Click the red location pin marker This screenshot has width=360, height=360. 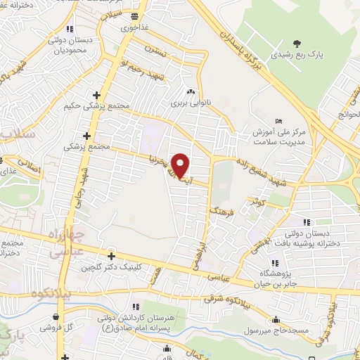pyautogui.click(x=181, y=165)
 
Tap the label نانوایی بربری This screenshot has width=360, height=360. pyautogui.click(x=191, y=103)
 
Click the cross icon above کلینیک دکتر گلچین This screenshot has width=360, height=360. pyautogui.click(x=111, y=256)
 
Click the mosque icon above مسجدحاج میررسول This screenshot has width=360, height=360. pyautogui.click(x=280, y=318)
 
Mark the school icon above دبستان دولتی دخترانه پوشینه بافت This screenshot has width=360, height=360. pyautogui.click(x=305, y=214)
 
